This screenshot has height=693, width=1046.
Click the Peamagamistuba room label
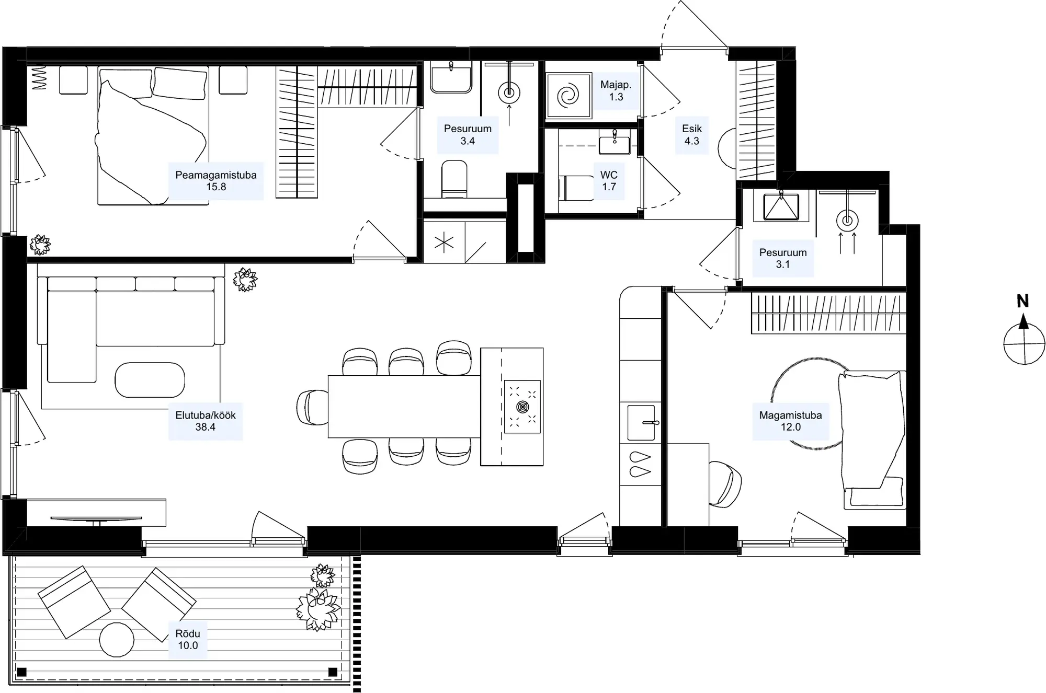point(216,181)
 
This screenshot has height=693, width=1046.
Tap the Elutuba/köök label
point(206,421)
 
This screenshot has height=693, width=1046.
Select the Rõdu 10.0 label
point(188,640)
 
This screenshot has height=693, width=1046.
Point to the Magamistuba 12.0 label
point(790,421)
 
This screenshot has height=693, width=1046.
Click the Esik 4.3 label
point(692,135)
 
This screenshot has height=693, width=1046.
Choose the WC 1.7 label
point(609,181)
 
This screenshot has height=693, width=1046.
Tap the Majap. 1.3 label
point(616,91)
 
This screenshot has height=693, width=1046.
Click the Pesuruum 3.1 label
point(783,259)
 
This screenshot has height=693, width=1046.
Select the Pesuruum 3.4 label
point(468,135)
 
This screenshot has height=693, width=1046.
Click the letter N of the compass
point(1022,302)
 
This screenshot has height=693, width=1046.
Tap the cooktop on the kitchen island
point(522,407)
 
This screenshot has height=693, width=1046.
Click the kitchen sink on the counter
point(641,422)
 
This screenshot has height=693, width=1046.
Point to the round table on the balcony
point(117,640)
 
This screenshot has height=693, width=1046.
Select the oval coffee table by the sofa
point(150,380)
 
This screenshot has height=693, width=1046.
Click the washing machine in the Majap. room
point(569,95)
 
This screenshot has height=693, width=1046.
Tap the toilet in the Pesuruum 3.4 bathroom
point(454,179)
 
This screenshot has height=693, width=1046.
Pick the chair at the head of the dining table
point(312,407)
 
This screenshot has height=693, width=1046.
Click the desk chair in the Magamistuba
point(725,484)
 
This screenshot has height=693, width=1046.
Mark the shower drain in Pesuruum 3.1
point(847,221)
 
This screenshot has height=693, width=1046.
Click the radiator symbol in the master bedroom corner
point(39,78)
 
